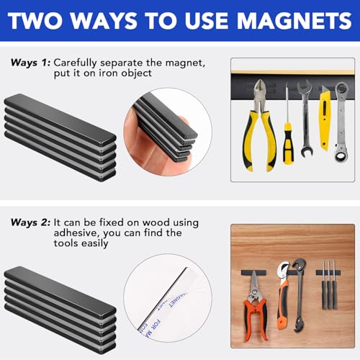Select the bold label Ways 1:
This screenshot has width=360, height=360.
point(30,63)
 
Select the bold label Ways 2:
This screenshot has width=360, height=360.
point(30,224)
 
